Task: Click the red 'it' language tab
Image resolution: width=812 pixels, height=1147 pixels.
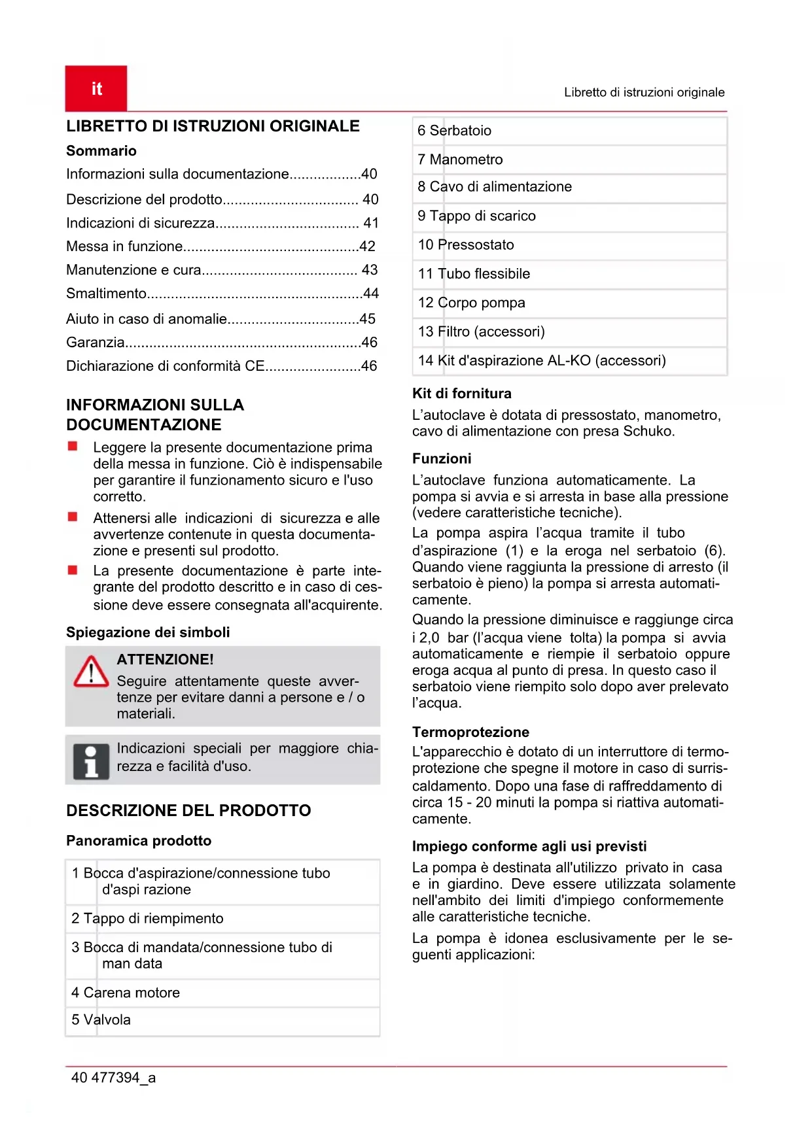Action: pyautogui.click(x=96, y=88)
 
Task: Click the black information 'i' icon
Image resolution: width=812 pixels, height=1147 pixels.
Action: pyautogui.click(x=91, y=761)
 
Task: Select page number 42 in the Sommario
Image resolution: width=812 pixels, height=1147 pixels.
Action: pyautogui.click(x=368, y=247)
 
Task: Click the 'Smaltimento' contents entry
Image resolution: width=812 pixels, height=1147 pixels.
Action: pyautogui.click(x=107, y=294)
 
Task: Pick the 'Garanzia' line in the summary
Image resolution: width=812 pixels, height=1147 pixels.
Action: pyautogui.click(x=96, y=342)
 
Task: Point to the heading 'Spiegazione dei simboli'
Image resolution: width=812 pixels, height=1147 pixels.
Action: pyautogui.click(x=148, y=632)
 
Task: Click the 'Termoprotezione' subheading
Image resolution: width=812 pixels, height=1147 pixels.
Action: pyautogui.click(x=470, y=732)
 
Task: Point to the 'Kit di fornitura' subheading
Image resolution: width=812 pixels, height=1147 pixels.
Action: pyautogui.click(x=462, y=394)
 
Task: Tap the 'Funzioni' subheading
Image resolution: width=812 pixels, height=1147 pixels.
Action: pyautogui.click(x=442, y=458)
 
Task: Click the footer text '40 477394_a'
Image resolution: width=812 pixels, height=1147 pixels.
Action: pyautogui.click(x=113, y=1078)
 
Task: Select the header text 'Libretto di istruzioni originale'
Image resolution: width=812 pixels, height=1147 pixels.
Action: pyautogui.click(x=644, y=92)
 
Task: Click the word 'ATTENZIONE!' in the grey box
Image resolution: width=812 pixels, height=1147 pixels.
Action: pyautogui.click(x=166, y=660)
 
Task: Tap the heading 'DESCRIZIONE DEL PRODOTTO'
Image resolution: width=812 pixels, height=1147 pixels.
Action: pyautogui.click(x=188, y=811)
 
